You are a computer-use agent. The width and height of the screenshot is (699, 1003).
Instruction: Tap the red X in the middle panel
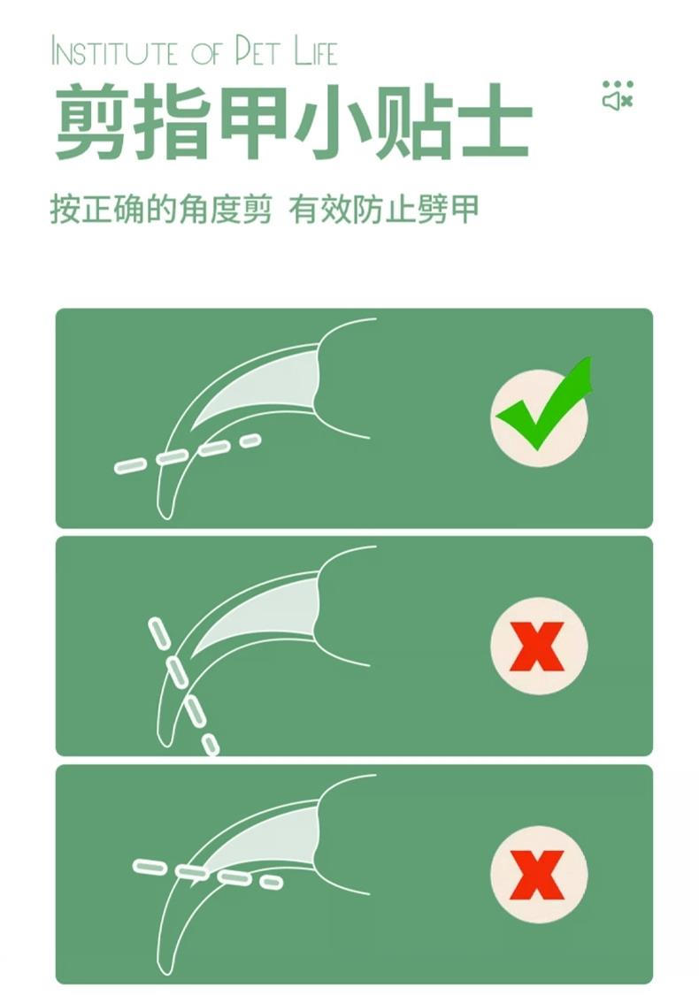point(537,646)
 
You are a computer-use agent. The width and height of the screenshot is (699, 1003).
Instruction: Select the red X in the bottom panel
point(537,875)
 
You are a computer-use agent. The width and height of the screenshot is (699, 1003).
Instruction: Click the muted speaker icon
point(617,101)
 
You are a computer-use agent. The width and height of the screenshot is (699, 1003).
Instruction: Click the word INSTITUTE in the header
point(113,52)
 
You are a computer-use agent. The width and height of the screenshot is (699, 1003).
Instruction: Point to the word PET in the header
point(257,51)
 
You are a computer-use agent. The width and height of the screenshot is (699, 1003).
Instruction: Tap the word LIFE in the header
point(316,51)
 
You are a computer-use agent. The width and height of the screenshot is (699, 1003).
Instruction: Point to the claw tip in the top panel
point(166,517)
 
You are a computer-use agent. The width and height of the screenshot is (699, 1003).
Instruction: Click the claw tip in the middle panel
point(166,743)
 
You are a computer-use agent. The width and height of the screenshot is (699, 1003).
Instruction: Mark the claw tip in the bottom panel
point(166,972)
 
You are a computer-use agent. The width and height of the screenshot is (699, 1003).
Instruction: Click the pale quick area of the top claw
point(269,387)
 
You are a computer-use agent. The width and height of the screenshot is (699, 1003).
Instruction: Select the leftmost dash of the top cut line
point(131,467)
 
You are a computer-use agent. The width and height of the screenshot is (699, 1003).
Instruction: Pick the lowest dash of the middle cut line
point(211,745)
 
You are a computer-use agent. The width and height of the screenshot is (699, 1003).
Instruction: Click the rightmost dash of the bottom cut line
point(271,882)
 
